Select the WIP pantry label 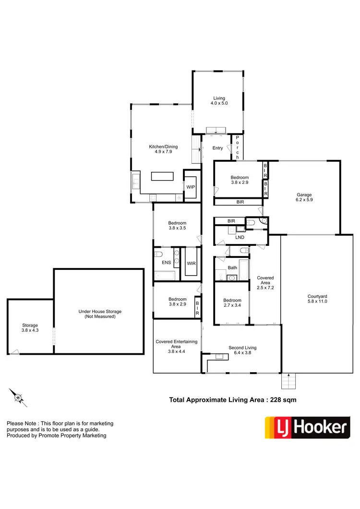(x=191, y=186)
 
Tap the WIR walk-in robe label (x=191, y=263)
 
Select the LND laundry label (x=240, y=237)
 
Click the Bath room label (x=232, y=267)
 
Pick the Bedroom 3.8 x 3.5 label (x=177, y=226)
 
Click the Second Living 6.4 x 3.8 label (x=242, y=350)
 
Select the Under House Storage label (x=100, y=314)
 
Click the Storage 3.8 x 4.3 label (x=30, y=328)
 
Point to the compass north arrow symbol (x=17, y=397)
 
